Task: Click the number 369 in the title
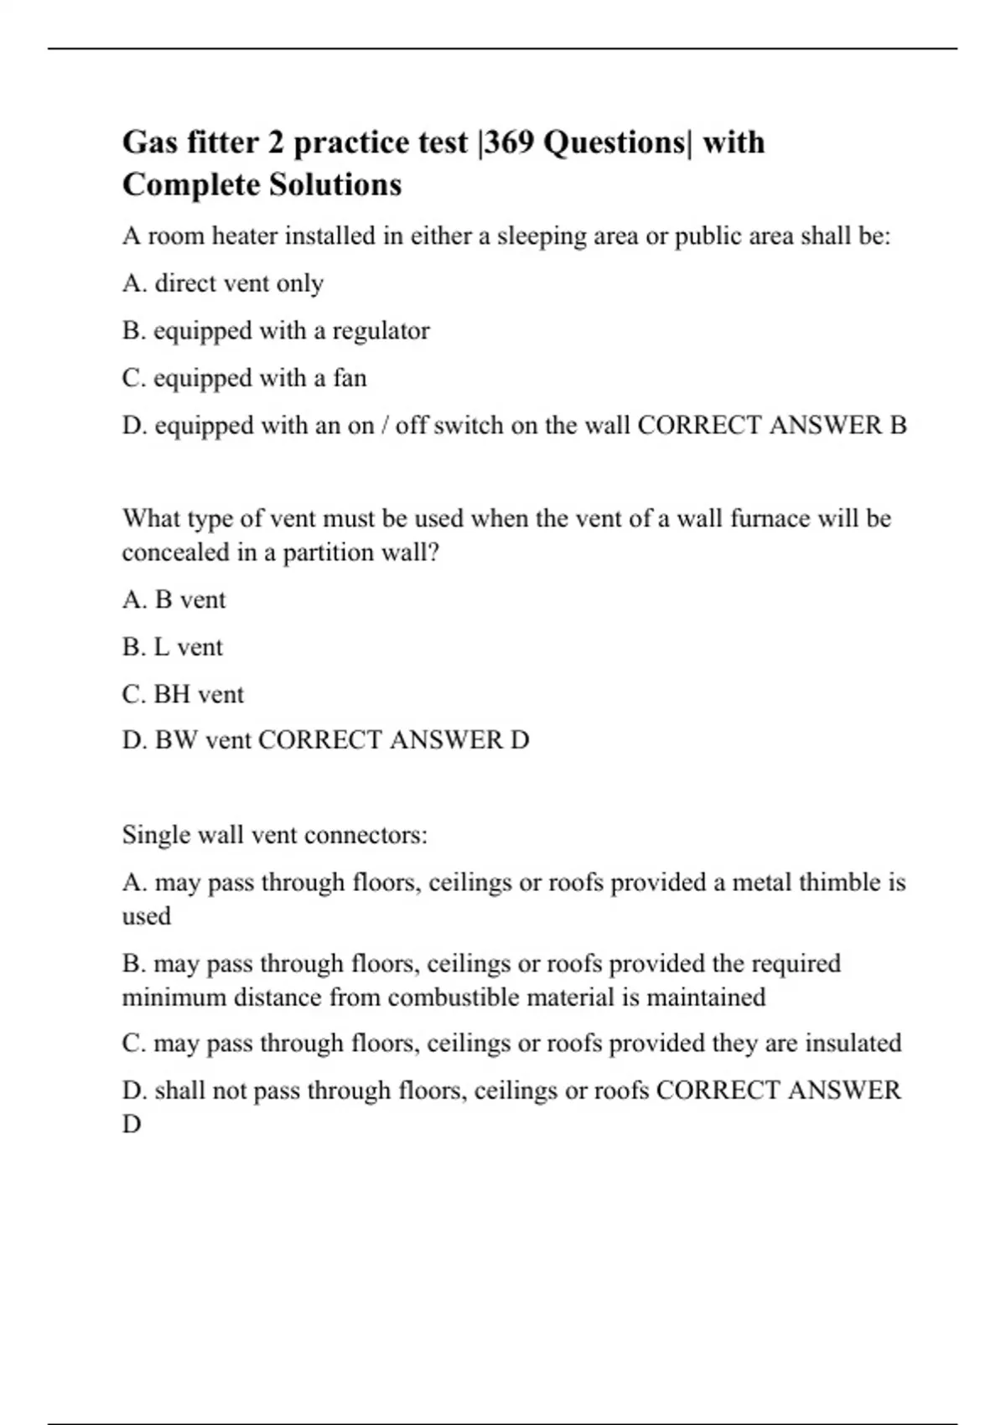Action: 510,142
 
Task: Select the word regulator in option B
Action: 381,331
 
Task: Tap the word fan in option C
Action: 350,378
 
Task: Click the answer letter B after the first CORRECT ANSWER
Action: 897,426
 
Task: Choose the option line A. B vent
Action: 174,600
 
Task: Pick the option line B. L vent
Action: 172,647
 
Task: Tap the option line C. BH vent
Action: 183,695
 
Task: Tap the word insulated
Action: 853,1044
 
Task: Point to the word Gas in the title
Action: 149,142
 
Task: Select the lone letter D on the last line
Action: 132,1124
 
